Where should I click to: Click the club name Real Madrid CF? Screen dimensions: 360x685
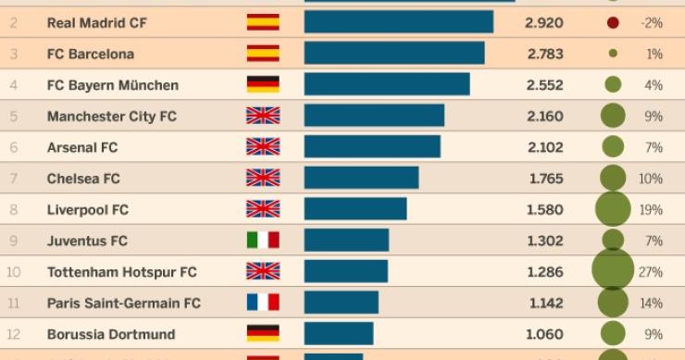(96, 22)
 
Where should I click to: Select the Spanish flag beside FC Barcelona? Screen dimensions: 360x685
(263, 54)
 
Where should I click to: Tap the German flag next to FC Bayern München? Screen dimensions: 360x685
(263, 85)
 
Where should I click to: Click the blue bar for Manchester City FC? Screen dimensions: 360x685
(374, 116)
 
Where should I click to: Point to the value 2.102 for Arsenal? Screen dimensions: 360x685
(543, 147)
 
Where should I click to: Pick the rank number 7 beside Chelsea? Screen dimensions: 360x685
(14, 179)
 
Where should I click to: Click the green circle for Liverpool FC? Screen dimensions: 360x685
(613, 209)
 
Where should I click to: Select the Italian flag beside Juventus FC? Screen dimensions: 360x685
(263, 241)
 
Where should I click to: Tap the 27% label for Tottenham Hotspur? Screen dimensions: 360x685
(651, 272)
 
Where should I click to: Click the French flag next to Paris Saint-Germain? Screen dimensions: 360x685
(263, 303)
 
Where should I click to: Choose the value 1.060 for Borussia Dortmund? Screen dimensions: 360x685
(543, 334)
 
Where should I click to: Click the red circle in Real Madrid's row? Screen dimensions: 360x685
(613, 22)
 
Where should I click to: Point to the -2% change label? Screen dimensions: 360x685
(651, 22)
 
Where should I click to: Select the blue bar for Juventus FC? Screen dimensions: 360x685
(346, 241)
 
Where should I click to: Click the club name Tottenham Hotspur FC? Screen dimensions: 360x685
(121, 272)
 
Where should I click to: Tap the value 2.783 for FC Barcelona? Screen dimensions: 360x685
(543, 54)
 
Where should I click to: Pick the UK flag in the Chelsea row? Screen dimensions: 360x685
(263, 179)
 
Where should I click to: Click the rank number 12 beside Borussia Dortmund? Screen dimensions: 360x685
(14, 334)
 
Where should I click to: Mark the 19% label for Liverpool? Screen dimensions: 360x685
(651, 210)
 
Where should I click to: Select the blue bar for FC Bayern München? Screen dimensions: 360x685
(387, 85)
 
